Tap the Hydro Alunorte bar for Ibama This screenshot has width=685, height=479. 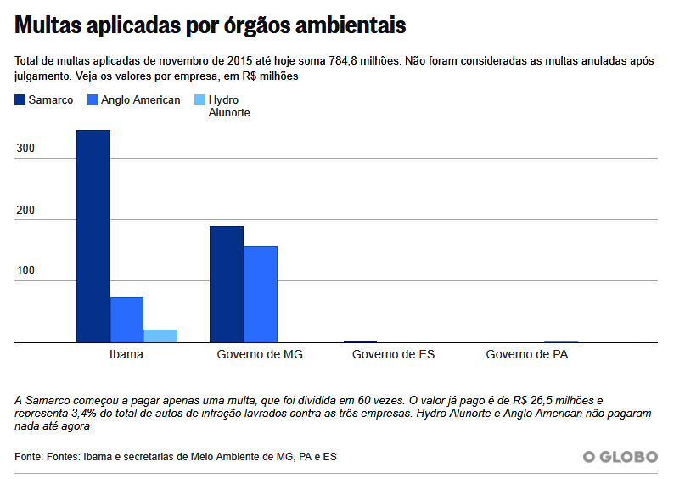coord(160,335)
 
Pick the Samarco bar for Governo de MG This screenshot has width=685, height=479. coord(227,284)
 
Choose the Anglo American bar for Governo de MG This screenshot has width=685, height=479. coord(261,294)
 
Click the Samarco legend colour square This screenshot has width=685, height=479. coord(20,100)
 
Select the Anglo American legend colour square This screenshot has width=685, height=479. coord(93,100)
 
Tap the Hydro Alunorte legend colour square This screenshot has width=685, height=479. coord(200,100)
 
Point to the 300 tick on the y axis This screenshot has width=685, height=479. coord(25,149)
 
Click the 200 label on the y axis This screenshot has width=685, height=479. coord(25,210)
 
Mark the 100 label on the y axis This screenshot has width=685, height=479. coord(25,271)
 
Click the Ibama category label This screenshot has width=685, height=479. coord(126,354)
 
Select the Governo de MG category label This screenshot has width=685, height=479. coord(260,354)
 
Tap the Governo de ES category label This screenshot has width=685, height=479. coord(393,354)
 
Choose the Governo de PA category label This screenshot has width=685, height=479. coord(527,354)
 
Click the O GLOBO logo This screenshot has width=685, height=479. coord(620,457)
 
